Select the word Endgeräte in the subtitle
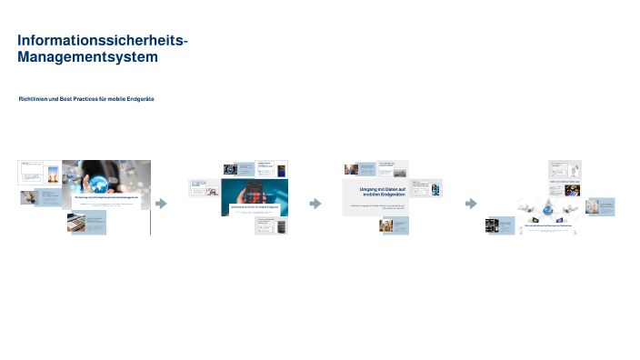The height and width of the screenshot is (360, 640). tap(139, 98)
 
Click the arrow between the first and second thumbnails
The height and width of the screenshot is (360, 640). tap(162, 204)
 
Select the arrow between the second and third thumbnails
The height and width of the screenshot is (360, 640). tap(315, 204)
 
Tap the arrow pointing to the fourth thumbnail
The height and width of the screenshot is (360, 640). tap(470, 204)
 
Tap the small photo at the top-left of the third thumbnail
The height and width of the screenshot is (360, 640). tap(351, 168)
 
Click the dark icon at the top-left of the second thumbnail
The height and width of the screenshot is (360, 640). tap(230, 168)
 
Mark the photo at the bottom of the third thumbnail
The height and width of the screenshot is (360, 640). tap(385, 225)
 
